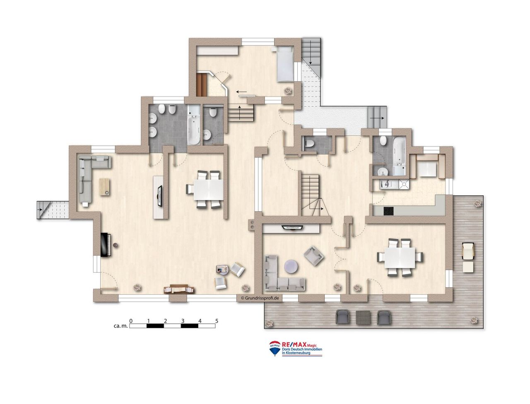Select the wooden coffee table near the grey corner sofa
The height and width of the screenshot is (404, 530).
point(104,187)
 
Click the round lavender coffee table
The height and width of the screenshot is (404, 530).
point(291,266)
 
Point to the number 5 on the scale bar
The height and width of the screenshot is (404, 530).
point(217,321)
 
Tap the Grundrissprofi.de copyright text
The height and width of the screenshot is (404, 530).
point(260,298)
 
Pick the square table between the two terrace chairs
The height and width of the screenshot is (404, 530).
point(363,317)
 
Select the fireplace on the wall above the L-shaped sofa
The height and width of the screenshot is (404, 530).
point(293,228)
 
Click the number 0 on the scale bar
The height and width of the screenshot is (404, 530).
point(131,321)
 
